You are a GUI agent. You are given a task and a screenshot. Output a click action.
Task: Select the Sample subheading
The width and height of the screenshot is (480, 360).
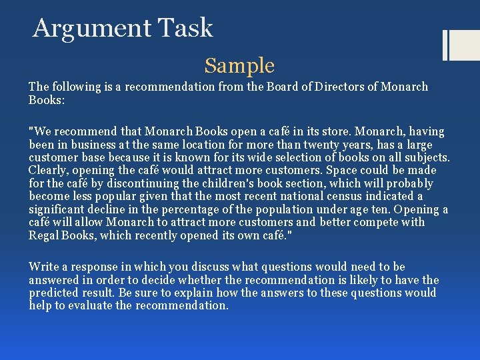[x=239, y=65]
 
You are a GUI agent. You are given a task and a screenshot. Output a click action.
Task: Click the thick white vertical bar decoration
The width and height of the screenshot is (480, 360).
[x=446, y=45]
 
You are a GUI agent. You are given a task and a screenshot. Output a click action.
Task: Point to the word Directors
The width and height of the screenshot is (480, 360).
[x=327, y=87]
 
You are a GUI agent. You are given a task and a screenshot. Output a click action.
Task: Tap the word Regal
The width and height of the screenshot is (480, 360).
[x=45, y=235]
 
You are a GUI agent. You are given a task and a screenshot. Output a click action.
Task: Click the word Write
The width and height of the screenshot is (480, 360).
[x=43, y=267]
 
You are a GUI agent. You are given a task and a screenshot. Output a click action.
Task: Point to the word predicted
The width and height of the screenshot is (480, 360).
[x=55, y=293]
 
